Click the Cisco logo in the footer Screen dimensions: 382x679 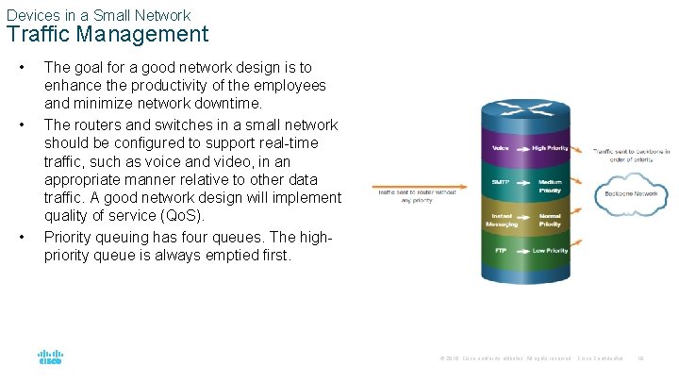(50, 358)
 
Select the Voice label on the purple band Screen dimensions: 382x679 (501, 148)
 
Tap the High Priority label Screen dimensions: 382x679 (550, 148)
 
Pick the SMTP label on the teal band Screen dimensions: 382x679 (500, 181)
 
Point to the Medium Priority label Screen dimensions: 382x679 (550, 186)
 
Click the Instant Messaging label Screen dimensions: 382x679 (501, 221)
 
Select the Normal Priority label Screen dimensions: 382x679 (550, 221)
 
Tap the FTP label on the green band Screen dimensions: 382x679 (501, 251)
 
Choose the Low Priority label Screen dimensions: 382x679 (550, 251)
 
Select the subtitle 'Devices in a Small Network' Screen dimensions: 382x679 (98, 15)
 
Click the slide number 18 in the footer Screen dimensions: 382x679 (640, 358)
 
